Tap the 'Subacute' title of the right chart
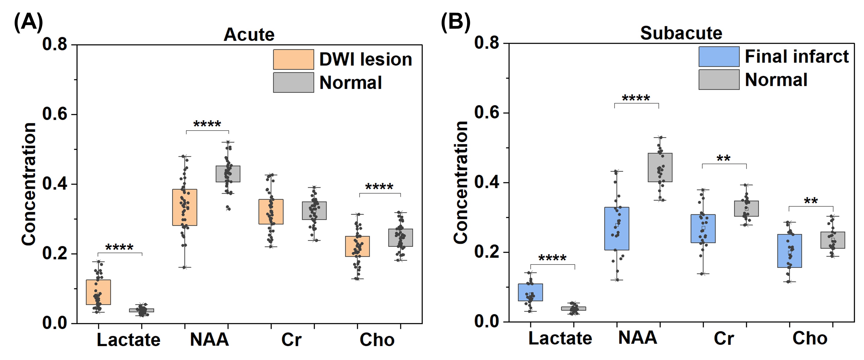tap(681, 33)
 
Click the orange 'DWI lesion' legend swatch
tap(294, 59)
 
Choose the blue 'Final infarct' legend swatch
tap(719, 57)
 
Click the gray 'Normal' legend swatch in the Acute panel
tap(294, 82)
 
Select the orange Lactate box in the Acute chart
tap(98, 292)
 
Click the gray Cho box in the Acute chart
tap(400, 238)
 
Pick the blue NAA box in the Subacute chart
tap(617, 228)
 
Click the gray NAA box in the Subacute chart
tap(660, 167)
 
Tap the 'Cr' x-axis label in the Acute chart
tap(291, 340)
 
